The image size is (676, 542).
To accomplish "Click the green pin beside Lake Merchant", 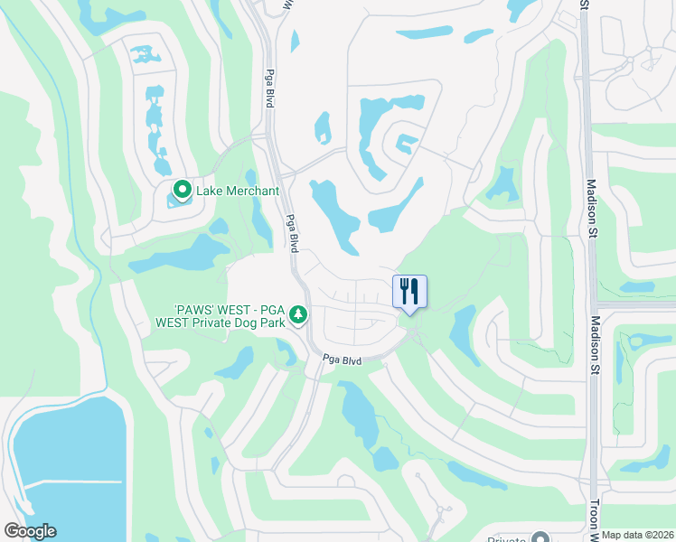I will tap(182, 191).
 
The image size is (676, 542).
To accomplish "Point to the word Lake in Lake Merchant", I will tap(210, 191).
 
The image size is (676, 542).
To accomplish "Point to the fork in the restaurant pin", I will tap(404, 290).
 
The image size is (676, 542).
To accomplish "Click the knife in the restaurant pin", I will tap(415, 290).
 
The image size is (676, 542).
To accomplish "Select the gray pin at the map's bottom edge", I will tap(541, 537).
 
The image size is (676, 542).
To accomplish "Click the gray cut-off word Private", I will tap(499, 538).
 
